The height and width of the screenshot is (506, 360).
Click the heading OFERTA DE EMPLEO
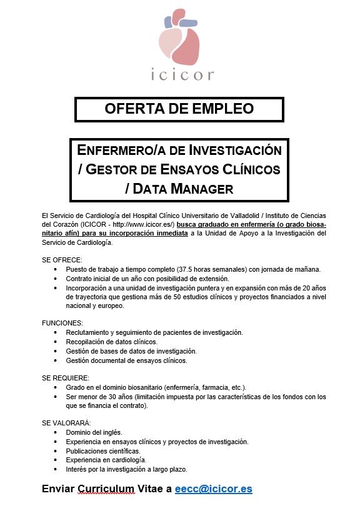tap(179, 108)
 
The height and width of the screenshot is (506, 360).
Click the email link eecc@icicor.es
tap(214, 489)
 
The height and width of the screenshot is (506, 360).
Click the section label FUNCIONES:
tap(62, 323)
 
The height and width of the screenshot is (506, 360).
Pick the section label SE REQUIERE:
tap(65, 378)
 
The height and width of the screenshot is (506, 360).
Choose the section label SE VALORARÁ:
tap(66, 423)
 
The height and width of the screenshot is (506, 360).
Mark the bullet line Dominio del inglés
tap(94, 432)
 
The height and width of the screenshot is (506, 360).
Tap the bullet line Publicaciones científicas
tap(102, 450)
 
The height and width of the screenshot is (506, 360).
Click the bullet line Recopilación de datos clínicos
tap(111, 342)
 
